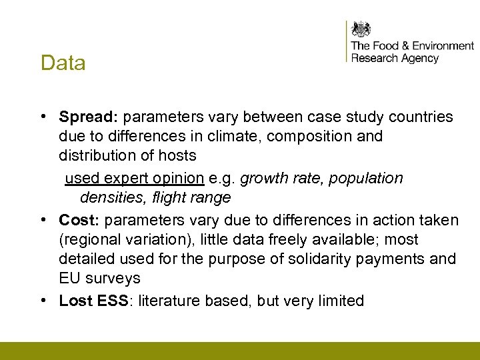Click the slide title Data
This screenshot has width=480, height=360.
(63, 63)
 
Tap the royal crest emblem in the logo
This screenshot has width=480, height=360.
(361, 29)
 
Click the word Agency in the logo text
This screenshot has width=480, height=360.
(419, 59)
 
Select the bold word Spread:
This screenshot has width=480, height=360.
(88, 117)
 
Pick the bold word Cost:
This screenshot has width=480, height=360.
(79, 220)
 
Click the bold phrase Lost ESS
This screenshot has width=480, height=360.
(97, 301)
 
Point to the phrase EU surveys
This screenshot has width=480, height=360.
(99, 278)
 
